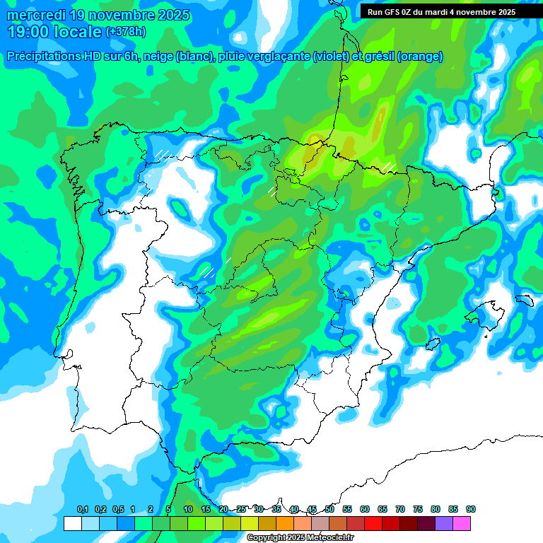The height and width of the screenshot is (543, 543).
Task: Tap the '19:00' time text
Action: [29, 32]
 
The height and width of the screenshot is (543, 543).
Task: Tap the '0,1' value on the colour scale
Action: [82, 510]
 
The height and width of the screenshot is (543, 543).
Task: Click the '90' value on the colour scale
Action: [471, 510]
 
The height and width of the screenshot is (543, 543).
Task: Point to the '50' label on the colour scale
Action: [329, 510]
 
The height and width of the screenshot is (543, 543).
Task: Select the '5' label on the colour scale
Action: [168, 510]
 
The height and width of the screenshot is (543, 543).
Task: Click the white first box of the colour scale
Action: [72, 524]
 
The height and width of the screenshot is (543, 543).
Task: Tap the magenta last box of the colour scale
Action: [462, 524]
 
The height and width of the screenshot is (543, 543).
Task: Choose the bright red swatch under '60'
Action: [373, 524]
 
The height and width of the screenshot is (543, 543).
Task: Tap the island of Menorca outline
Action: [524, 300]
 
